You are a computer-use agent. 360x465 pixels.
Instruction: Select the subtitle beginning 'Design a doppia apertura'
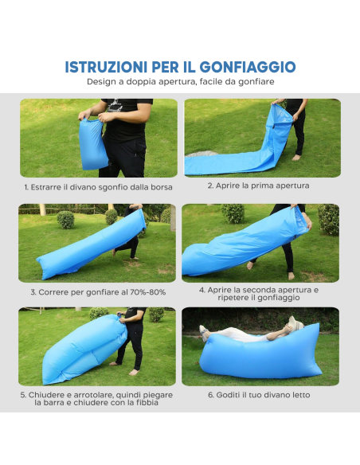pos(180,81)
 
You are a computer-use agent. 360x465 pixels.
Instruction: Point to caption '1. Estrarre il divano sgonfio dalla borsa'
pos(98,187)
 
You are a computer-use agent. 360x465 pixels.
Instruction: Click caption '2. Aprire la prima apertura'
pos(258,186)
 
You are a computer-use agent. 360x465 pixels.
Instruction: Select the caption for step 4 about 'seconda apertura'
pos(259,294)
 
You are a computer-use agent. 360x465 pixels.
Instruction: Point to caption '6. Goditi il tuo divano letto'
pos(259,395)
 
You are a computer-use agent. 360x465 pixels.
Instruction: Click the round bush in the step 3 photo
pos(65,220)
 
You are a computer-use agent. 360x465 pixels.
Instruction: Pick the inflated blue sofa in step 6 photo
pos(263,354)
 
